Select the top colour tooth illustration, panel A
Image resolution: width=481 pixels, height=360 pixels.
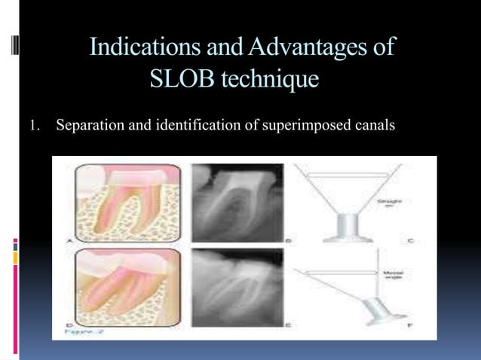tap(127, 202)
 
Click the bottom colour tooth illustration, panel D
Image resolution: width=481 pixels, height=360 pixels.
tap(127, 286)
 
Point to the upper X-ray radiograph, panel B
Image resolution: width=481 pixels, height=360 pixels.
tap(237, 202)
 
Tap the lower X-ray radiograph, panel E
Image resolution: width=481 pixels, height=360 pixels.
tap(237, 286)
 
